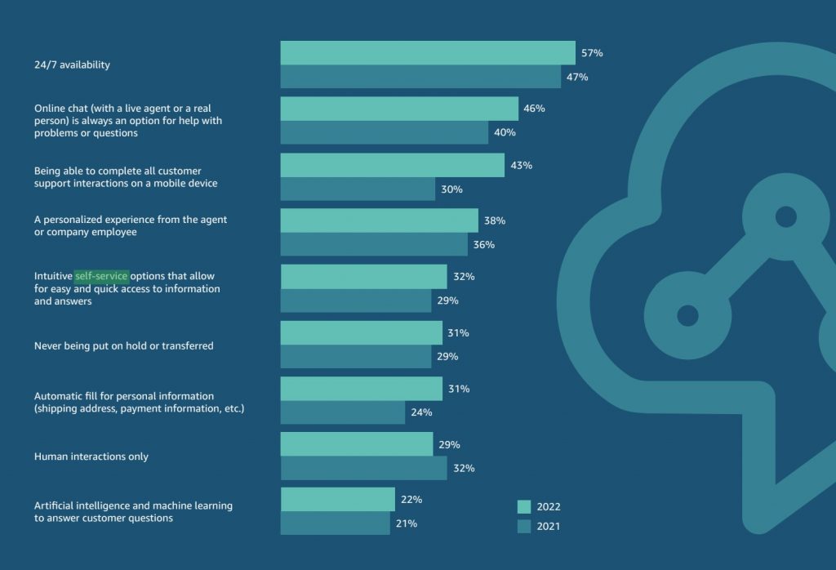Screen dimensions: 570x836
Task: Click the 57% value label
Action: click(592, 53)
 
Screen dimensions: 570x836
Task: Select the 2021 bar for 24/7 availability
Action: click(420, 77)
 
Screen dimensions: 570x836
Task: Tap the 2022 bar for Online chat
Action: click(399, 109)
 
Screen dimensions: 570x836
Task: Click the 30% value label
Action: click(452, 189)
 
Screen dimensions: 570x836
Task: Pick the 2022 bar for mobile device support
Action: click(392, 165)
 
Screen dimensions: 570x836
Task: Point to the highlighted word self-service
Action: click(101, 276)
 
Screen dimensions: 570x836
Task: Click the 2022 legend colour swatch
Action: click(524, 506)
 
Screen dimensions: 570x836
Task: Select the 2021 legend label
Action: click(549, 527)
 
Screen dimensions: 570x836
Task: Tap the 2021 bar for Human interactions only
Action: click(363, 468)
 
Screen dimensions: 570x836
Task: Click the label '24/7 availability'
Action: click(72, 65)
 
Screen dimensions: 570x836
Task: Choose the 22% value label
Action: click(411, 500)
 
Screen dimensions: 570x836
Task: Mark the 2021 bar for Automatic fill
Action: click(342, 412)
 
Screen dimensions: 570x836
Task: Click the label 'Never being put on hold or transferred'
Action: click(123, 346)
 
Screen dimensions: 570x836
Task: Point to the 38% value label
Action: click(495, 220)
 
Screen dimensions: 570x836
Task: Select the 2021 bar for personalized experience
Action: click(374, 244)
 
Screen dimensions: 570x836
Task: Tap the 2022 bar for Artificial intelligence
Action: click(337, 500)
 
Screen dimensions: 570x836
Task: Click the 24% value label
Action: click(421, 412)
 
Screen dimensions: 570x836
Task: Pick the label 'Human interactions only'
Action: click(91, 456)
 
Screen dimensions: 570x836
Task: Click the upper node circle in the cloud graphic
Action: click(785, 217)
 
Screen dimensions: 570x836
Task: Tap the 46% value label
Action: click(535, 109)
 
